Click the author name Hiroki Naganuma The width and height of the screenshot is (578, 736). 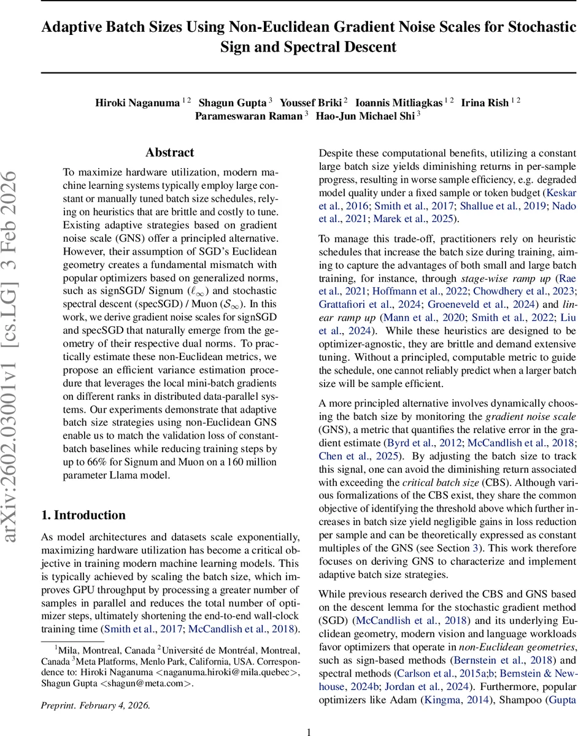click(x=137, y=102)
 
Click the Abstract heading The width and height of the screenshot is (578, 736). click(x=169, y=153)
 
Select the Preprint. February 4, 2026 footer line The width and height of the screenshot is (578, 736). click(x=95, y=705)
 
